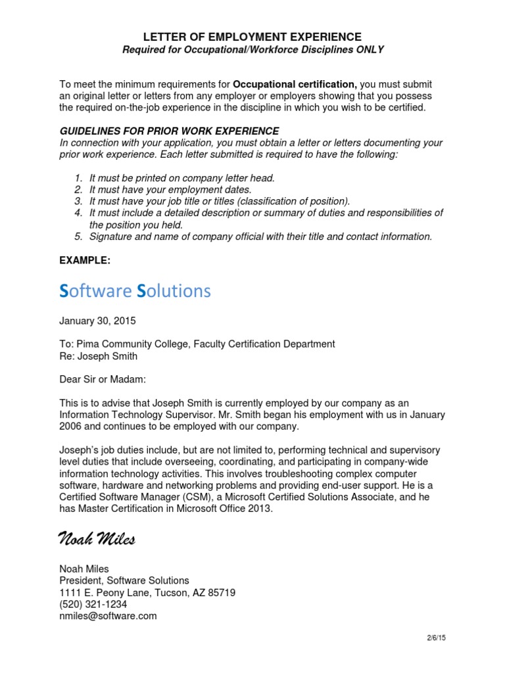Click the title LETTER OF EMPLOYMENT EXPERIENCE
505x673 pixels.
coord(252,37)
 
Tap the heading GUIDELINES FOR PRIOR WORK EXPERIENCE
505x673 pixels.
coord(169,131)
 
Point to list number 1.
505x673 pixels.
coord(78,178)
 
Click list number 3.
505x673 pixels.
coord(78,201)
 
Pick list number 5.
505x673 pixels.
coord(78,237)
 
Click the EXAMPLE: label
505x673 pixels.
coord(85,260)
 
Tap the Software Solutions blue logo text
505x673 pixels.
coord(135,290)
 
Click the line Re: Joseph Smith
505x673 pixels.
coord(99,356)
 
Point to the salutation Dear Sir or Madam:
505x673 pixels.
coord(103,379)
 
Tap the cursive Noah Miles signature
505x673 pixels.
coord(97,540)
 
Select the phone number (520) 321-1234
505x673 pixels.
coord(93,604)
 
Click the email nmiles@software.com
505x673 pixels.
coord(108,616)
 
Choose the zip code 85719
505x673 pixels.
coord(221,592)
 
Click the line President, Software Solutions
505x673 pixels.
coord(124,580)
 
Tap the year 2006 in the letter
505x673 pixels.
coord(71,427)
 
